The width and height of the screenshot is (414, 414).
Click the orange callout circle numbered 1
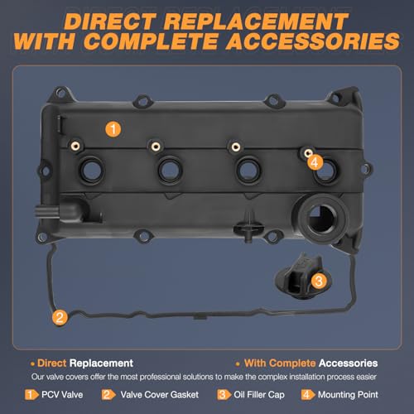pyautogui.click(x=113, y=129)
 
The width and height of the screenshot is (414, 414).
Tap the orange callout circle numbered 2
pyautogui.click(x=60, y=317)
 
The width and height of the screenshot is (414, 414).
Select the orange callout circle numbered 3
pyautogui.click(x=319, y=281)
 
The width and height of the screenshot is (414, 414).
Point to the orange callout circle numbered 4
pyautogui.click(x=315, y=162)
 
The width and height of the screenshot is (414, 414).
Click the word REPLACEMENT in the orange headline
pyautogui.click(x=257, y=22)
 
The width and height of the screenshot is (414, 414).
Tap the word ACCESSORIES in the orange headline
pyautogui.click(x=313, y=41)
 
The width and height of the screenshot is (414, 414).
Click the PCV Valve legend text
pyautogui.click(x=62, y=395)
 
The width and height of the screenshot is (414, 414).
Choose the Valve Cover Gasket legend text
pyautogui.click(x=160, y=395)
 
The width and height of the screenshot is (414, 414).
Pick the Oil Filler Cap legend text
pyautogui.click(x=259, y=395)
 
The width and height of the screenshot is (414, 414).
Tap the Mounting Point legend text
pyautogui.click(x=348, y=395)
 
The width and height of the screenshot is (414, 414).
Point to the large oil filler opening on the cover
pyautogui.click(x=321, y=218)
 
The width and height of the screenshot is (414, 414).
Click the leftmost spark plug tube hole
pyautogui.click(x=92, y=171)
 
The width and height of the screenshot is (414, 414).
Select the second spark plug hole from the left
pyautogui.click(x=170, y=171)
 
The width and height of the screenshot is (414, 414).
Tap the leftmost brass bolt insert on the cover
pyautogui.click(x=75, y=146)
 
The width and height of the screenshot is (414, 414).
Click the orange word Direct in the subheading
pyautogui.click(x=51, y=363)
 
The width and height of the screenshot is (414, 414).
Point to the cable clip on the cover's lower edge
pyautogui.click(x=248, y=227)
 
